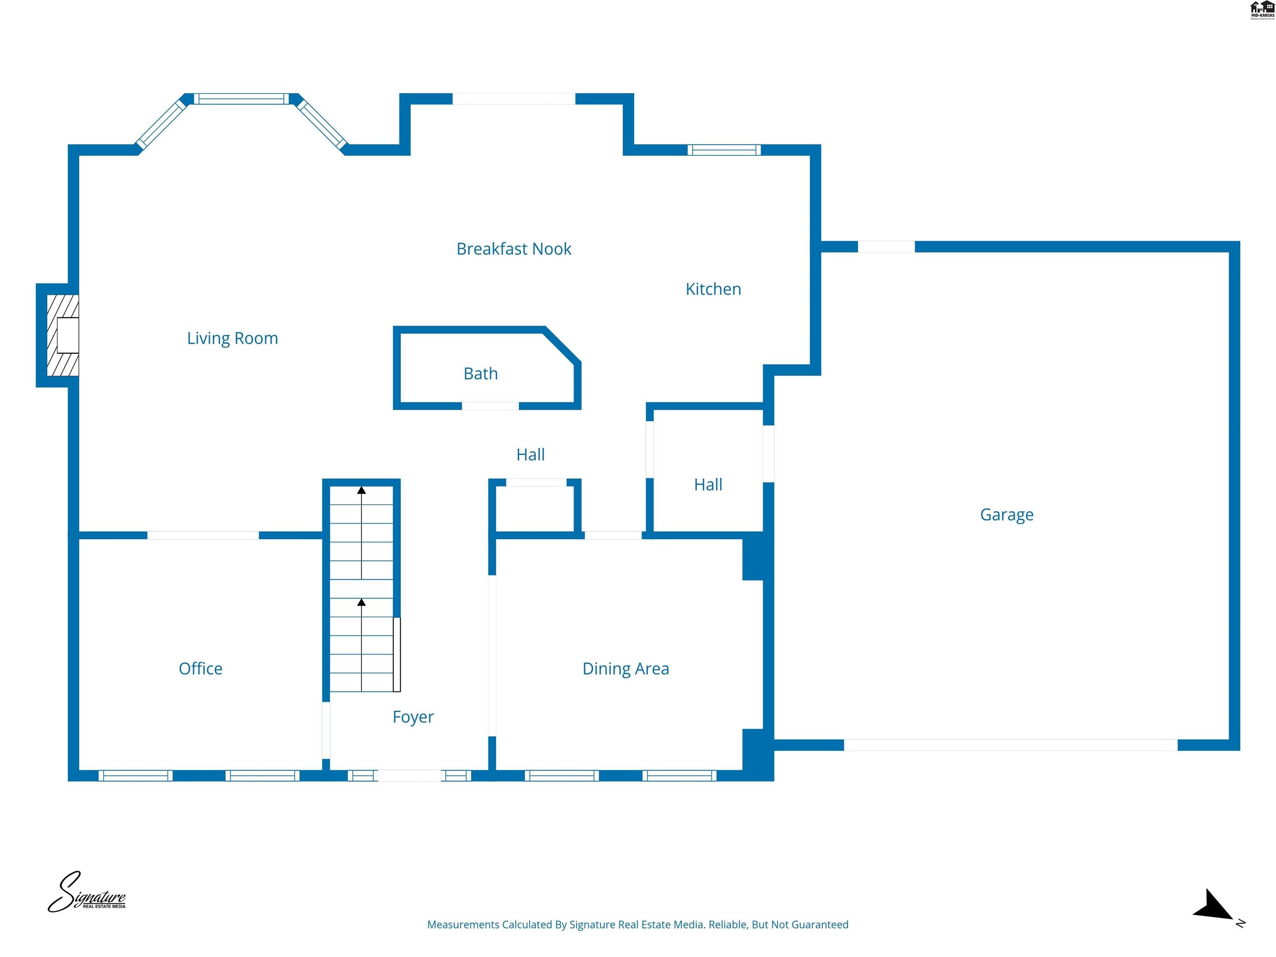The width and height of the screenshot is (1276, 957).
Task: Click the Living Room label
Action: tap(233, 338)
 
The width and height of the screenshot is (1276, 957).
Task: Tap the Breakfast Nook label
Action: tap(513, 249)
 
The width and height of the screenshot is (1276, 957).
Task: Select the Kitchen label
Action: tap(713, 289)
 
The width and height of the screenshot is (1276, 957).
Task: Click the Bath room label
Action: tap(481, 374)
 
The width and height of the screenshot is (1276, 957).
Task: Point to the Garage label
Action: tap(1006, 515)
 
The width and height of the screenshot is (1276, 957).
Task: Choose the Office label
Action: tap(200, 669)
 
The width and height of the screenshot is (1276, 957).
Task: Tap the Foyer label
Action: tap(413, 717)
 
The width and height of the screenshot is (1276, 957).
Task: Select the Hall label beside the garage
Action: tap(708, 485)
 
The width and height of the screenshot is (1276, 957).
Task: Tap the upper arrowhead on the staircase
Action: tap(362, 490)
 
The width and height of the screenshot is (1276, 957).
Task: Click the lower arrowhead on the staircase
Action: tap(362, 602)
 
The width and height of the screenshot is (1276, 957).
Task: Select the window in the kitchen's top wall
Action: tap(724, 150)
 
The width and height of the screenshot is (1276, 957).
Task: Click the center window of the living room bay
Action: tap(241, 98)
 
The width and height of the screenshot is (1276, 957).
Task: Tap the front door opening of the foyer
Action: tap(409, 776)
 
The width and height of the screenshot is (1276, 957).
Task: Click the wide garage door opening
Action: tap(1011, 745)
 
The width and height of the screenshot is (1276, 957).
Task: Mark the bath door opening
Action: tap(490, 406)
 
